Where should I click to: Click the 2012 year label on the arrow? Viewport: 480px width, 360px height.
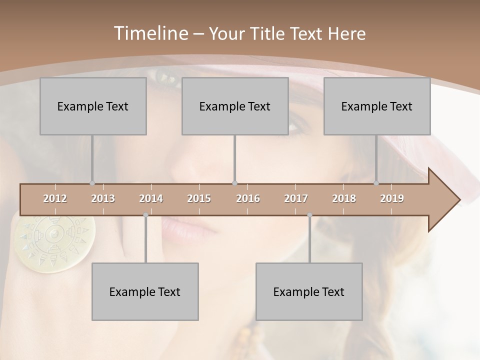55,198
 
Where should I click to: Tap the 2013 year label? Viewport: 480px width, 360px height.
103,198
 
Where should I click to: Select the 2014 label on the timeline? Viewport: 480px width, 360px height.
151,198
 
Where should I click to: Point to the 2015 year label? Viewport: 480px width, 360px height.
199,198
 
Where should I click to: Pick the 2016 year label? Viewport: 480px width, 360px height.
248,198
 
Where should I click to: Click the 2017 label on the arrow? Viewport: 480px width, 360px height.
296,198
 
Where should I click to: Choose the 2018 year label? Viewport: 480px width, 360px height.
344,198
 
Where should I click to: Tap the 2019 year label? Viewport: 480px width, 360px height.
392,198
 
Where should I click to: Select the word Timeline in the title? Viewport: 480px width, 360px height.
150,33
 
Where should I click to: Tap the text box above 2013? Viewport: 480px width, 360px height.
93,106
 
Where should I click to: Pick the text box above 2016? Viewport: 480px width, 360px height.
235,106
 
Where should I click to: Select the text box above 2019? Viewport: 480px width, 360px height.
377,106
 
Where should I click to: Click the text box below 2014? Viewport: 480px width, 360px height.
145,291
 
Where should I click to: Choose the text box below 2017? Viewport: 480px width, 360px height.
309,291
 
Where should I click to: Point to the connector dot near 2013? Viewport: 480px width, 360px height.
92,183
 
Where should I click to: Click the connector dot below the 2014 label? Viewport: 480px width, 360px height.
145,215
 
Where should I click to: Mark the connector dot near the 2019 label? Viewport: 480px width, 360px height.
376,183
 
